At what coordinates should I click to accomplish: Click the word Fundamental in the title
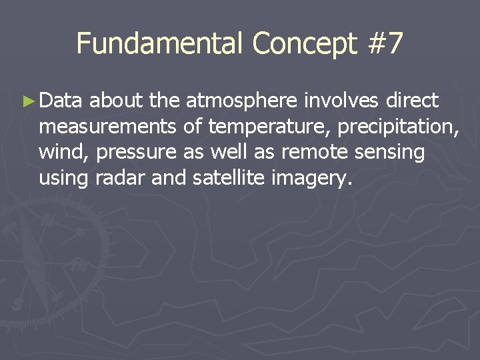point(160,44)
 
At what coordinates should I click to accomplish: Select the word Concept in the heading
point(305,44)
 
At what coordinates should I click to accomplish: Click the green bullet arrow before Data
point(27,101)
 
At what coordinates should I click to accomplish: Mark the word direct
point(411,101)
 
